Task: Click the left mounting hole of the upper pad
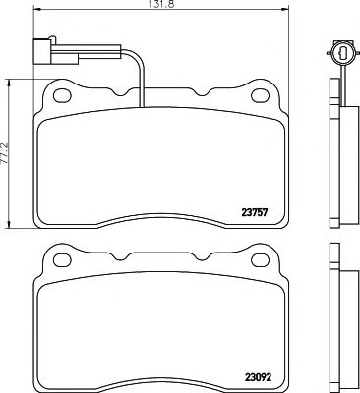coord(64,97)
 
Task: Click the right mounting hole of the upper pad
coord(263,97)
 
